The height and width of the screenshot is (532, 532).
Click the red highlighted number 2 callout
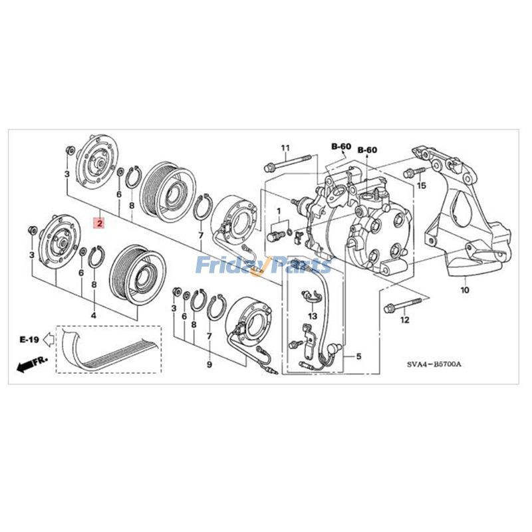pyautogui.click(x=100, y=223)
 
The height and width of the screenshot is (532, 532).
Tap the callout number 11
pyautogui.click(x=285, y=148)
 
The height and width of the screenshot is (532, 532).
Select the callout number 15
pyautogui.click(x=422, y=186)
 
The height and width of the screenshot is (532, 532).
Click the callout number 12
pyautogui.click(x=405, y=320)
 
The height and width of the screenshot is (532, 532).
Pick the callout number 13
pyautogui.click(x=313, y=317)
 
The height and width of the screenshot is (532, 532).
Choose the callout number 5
pyautogui.click(x=358, y=356)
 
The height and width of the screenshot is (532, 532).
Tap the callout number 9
pyautogui.click(x=209, y=364)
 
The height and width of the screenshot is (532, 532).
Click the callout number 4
pyautogui.click(x=93, y=315)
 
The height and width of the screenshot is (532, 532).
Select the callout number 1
pyautogui.click(x=279, y=211)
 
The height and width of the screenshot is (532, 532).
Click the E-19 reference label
pyautogui.click(x=29, y=339)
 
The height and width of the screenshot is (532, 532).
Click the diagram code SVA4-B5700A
pyautogui.click(x=434, y=364)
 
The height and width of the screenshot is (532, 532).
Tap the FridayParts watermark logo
pyautogui.click(x=263, y=265)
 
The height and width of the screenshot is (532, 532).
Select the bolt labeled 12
pyautogui.click(x=402, y=305)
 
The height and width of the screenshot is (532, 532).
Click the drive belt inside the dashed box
pyautogui.click(x=108, y=351)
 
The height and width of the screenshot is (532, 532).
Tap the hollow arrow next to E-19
pyautogui.click(x=49, y=339)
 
